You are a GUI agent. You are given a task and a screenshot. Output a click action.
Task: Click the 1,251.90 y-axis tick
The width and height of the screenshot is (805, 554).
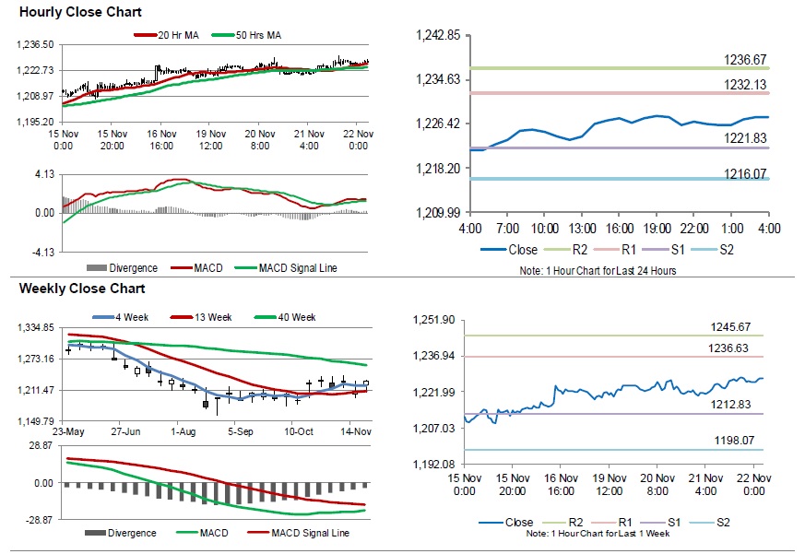(437, 320)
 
